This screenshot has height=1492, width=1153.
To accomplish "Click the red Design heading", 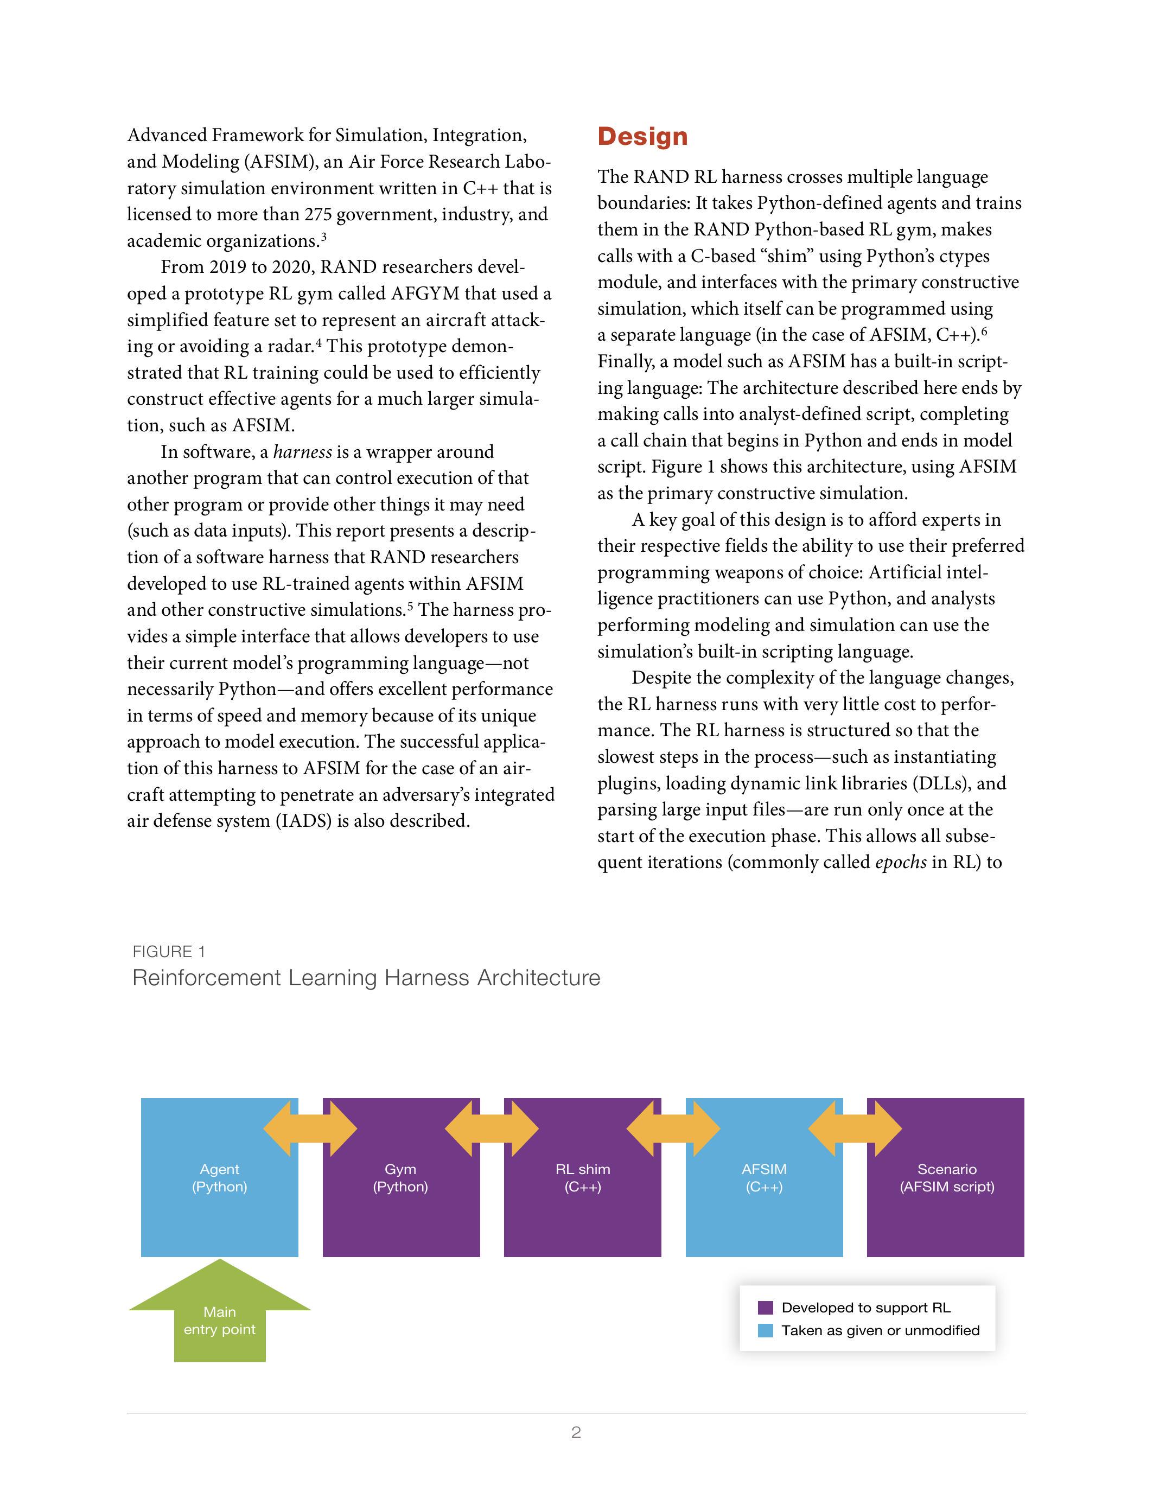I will (642, 137).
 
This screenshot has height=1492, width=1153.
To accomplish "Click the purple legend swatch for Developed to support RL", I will (766, 1308).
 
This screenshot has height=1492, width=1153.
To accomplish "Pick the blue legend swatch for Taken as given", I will (766, 1330).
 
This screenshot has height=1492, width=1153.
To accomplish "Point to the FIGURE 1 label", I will (169, 952).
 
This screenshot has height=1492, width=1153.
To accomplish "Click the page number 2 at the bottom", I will (576, 1432).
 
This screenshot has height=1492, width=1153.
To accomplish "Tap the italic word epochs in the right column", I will (900, 862).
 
